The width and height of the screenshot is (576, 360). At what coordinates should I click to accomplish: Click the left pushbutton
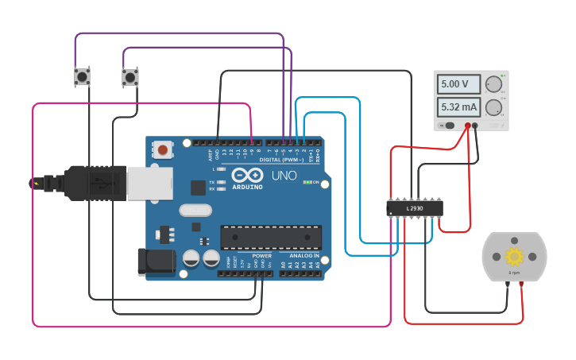pyautogui.click(x=82, y=77)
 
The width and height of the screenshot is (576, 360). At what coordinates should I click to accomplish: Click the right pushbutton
pyautogui.click(x=130, y=77)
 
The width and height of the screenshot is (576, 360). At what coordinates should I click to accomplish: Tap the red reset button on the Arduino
pyautogui.click(x=163, y=149)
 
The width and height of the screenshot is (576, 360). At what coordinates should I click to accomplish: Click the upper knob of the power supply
pyautogui.click(x=493, y=84)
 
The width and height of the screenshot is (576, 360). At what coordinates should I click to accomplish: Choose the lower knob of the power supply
pyautogui.click(x=493, y=107)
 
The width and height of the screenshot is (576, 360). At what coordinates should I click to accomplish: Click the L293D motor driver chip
pyautogui.click(x=414, y=208)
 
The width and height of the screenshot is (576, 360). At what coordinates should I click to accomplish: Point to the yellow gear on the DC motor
pyautogui.click(x=514, y=256)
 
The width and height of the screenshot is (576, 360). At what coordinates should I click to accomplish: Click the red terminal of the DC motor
pyautogui.click(x=521, y=284)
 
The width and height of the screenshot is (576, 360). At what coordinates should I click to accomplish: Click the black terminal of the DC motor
pyautogui.click(x=508, y=284)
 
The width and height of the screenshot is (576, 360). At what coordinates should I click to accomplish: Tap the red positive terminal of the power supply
pyautogui.click(x=467, y=126)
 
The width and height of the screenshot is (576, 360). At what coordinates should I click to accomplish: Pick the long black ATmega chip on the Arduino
pyautogui.click(x=271, y=237)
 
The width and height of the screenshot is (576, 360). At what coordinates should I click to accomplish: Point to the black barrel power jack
pyautogui.click(x=155, y=263)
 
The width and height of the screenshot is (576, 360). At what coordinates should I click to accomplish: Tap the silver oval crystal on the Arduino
pyautogui.click(x=195, y=211)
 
